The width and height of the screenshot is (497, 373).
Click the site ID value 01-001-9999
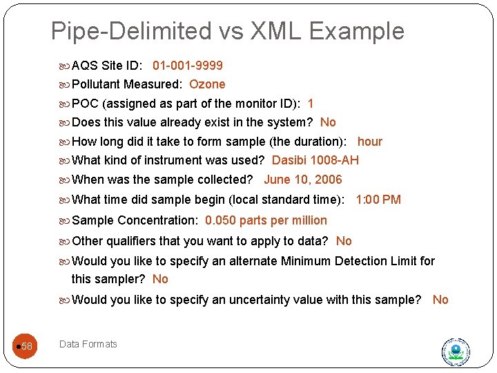coord(188,66)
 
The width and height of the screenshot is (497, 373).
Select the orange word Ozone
coord(207,84)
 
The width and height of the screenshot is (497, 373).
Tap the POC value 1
coord(311,104)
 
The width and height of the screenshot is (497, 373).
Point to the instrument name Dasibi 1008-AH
coord(315,160)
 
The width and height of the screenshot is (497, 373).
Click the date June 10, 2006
coord(303,180)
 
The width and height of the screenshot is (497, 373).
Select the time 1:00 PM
coord(378,200)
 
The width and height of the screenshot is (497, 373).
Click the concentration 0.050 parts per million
coord(266,220)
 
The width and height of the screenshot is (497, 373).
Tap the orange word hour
coord(369,142)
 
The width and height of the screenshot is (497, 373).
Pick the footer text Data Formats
coord(88,344)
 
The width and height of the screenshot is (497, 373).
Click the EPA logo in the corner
coord(456,352)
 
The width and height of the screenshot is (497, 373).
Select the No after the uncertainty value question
coord(440,300)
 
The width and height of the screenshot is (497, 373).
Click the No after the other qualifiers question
coord(344,241)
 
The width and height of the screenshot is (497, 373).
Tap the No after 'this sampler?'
coord(160,279)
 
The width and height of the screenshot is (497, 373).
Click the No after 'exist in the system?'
coord(328,122)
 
